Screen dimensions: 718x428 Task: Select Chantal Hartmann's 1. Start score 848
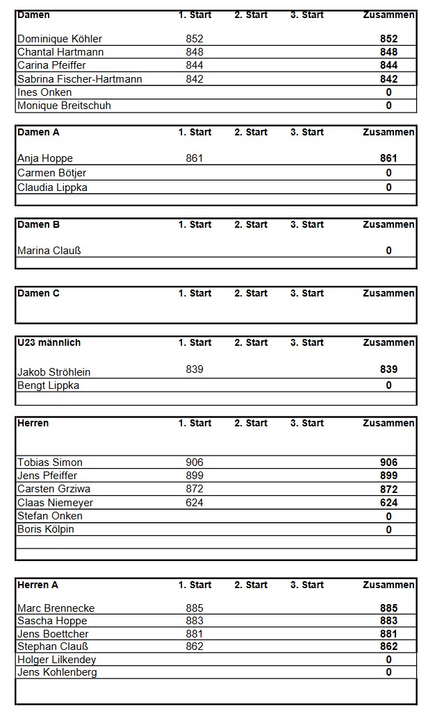coord(195,52)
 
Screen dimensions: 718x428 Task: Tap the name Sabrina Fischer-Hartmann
coord(79,79)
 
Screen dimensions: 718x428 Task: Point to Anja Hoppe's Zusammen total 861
coord(388,158)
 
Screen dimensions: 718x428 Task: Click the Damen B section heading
coord(38,225)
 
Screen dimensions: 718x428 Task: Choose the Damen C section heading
coord(38,294)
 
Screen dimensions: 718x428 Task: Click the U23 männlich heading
coord(49,343)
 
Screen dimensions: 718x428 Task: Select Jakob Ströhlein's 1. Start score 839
coord(195,369)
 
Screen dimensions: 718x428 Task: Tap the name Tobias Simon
coord(49,462)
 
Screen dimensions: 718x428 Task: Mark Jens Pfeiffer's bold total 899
coord(388,476)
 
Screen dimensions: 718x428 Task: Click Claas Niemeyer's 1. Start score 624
coord(195,503)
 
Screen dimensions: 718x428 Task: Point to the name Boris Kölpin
coord(45,529)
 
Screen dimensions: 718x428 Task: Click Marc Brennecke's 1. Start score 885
coord(195,608)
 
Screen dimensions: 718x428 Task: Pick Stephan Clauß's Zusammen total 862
coord(388,646)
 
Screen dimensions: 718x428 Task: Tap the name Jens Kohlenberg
coord(57,672)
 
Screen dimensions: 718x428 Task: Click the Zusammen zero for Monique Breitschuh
coord(388,106)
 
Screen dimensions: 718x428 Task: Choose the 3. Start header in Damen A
coord(306,132)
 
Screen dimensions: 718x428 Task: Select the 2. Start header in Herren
coord(251,423)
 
